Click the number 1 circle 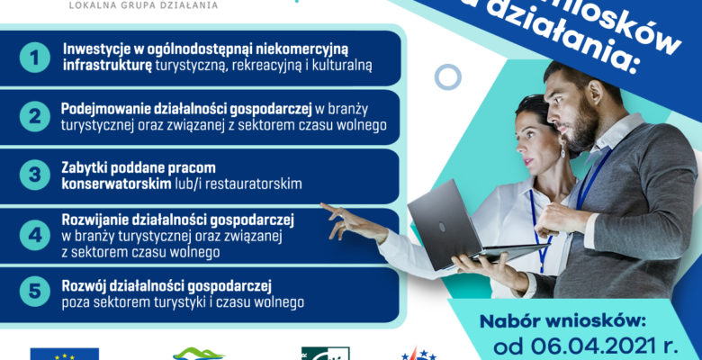pyautogui.click(x=34, y=58)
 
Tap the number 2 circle pyautogui.click(x=34, y=116)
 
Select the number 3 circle pyautogui.click(x=34, y=175)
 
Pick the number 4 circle pyautogui.click(x=34, y=236)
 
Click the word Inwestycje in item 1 pyautogui.click(x=93, y=48)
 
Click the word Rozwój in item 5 pyautogui.click(x=82, y=285)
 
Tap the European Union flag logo pyautogui.click(x=64, y=354)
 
